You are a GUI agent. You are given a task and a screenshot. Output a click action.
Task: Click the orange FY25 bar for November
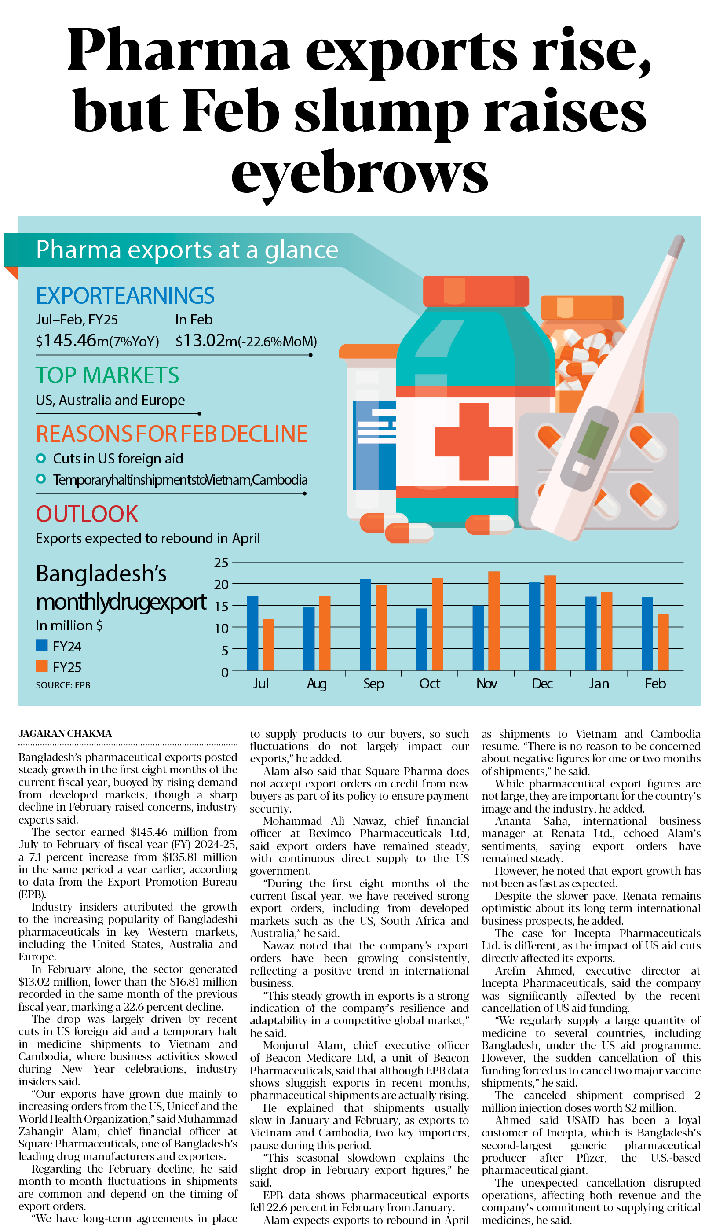coord(493,621)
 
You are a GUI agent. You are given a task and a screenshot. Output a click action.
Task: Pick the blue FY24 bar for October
coord(422,639)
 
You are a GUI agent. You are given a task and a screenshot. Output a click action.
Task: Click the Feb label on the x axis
coord(655,684)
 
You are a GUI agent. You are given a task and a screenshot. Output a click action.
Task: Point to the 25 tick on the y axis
coord(221,563)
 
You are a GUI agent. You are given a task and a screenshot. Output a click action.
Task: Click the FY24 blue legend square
coord(42,645)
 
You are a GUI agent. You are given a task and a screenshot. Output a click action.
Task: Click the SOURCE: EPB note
coord(63,685)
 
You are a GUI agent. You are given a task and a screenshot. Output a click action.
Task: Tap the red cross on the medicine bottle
coord(473,441)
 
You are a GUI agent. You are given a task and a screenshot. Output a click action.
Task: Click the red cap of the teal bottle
coord(475,291)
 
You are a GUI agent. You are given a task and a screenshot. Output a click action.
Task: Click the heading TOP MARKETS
coord(107,375)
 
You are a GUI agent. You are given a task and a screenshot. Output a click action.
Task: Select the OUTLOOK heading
coord(87,514)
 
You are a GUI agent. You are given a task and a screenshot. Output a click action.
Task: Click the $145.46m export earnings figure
coord(97,341)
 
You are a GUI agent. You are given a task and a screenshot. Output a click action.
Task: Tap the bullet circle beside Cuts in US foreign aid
coord(41,458)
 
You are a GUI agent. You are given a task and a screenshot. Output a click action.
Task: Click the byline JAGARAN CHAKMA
coord(66,733)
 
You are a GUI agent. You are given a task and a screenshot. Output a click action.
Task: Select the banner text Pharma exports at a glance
coord(187,250)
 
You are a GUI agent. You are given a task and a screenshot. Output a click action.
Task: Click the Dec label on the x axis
coord(542,684)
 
